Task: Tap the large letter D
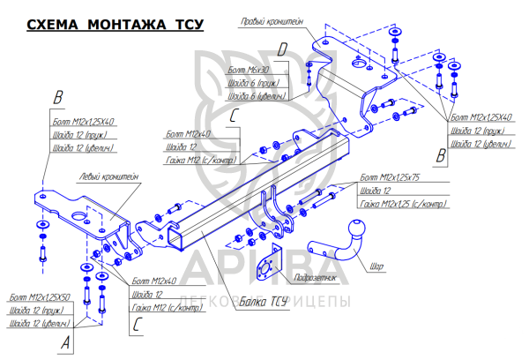tap(282, 50)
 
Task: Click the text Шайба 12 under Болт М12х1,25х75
tap(375, 191)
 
